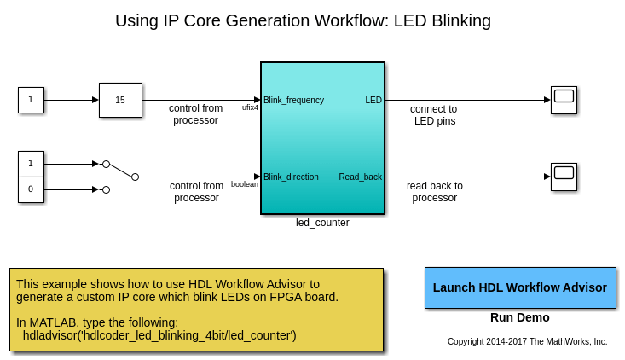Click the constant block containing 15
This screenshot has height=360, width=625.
point(120,100)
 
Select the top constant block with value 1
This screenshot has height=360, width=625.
point(31,100)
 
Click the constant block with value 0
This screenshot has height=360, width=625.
point(31,189)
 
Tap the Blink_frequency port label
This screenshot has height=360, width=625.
point(293,100)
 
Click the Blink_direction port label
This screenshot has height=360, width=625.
point(291,177)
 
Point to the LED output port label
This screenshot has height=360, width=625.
point(373,100)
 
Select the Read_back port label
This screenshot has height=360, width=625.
point(360,177)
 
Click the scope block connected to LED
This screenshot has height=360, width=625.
point(564,100)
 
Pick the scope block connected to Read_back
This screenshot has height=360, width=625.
point(564,177)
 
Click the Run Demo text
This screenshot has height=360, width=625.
point(519,317)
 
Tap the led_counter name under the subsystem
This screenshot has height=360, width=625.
point(322,223)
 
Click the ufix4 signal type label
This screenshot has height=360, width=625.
point(250,107)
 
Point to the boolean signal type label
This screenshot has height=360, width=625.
point(245,184)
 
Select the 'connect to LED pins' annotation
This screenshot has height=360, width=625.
point(434,115)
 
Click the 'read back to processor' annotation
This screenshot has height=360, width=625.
point(435,192)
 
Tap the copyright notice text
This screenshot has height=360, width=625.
point(527,341)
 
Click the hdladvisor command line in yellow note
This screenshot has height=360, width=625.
point(159,335)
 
